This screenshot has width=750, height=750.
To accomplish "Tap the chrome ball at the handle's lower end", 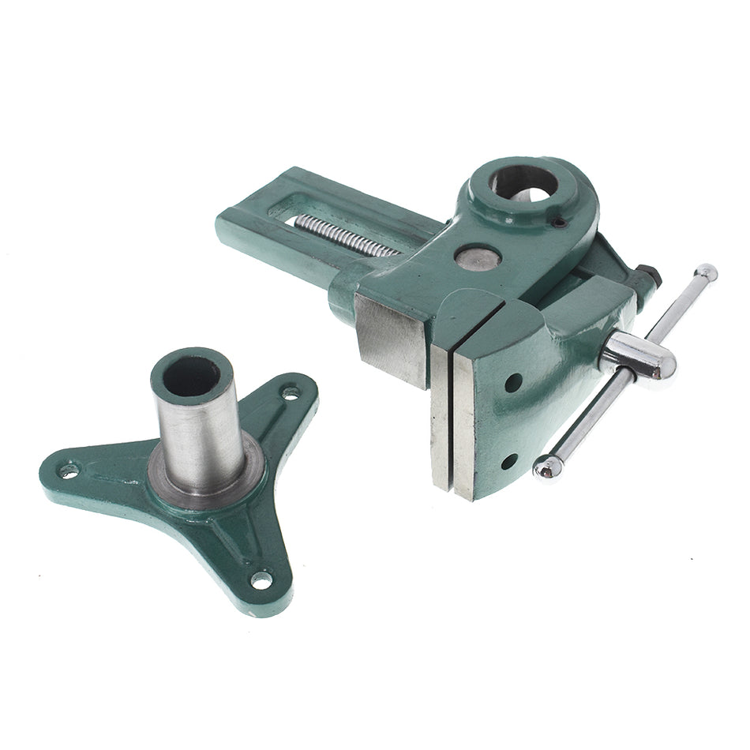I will tap(546, 467).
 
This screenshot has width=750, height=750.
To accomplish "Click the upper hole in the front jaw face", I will tap(513, 382).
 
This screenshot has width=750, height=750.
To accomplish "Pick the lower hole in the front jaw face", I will tap(508, 460).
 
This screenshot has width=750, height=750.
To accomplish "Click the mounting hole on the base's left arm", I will tap(69, 471).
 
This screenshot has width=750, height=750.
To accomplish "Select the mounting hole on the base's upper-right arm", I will tap(291, 392).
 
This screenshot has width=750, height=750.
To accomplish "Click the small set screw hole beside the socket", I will tap(559, 223).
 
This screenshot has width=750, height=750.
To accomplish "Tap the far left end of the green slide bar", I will tap(229, 225).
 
